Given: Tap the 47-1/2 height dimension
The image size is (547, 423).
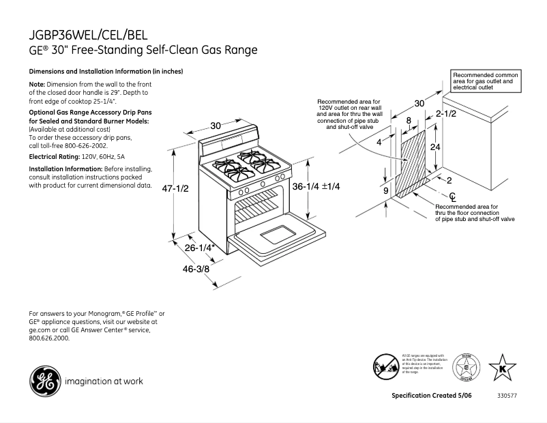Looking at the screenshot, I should [174, 189].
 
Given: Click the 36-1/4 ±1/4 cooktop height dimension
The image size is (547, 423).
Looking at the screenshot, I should [316, 186].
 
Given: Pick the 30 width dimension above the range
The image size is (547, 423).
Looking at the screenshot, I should [216, 126].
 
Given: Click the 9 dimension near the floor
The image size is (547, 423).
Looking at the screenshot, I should [385, 191].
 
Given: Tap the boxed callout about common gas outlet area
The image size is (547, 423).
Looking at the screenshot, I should [485, 81].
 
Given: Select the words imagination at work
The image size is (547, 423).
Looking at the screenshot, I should [104, 381].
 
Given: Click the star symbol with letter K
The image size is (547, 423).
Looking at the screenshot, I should [503, 368].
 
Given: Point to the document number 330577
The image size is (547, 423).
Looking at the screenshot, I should [507, 396].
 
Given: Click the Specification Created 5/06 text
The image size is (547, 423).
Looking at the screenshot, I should [431, 396].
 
